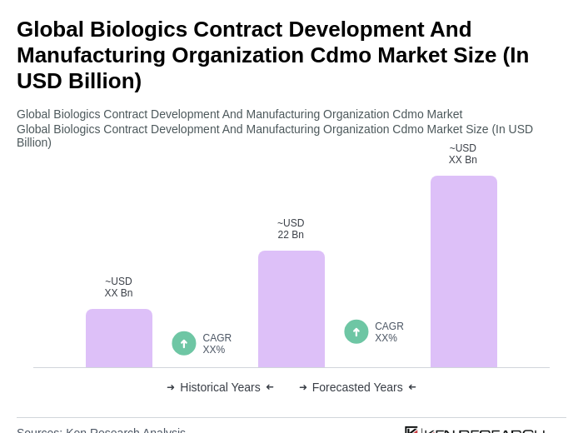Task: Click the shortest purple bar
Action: click(x=119, y=338)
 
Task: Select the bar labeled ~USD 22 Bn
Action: click(x=291, y=309)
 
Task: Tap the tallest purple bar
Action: click(x=464, y=271)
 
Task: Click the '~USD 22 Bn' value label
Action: click(x=291, y=229)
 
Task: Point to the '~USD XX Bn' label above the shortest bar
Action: click(x=118, y=287)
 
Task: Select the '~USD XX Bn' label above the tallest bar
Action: click(x=463, y=154)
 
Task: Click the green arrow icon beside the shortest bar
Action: click(x=184, y=343)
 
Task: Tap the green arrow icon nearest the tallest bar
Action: click(x=356, y=331)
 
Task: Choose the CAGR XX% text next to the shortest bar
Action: click(x=217, y=344)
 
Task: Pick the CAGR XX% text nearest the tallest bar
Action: click(x=389, y=332)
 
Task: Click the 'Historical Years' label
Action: click(x=220, y=387)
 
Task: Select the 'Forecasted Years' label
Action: click(x=357, y=387)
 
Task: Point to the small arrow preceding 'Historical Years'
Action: click(x=171, y=387)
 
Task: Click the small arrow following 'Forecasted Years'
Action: click(x=412, y=387)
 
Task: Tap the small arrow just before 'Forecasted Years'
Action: click(x=303, y=387)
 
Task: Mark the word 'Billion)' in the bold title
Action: click(x=102, y=81)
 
